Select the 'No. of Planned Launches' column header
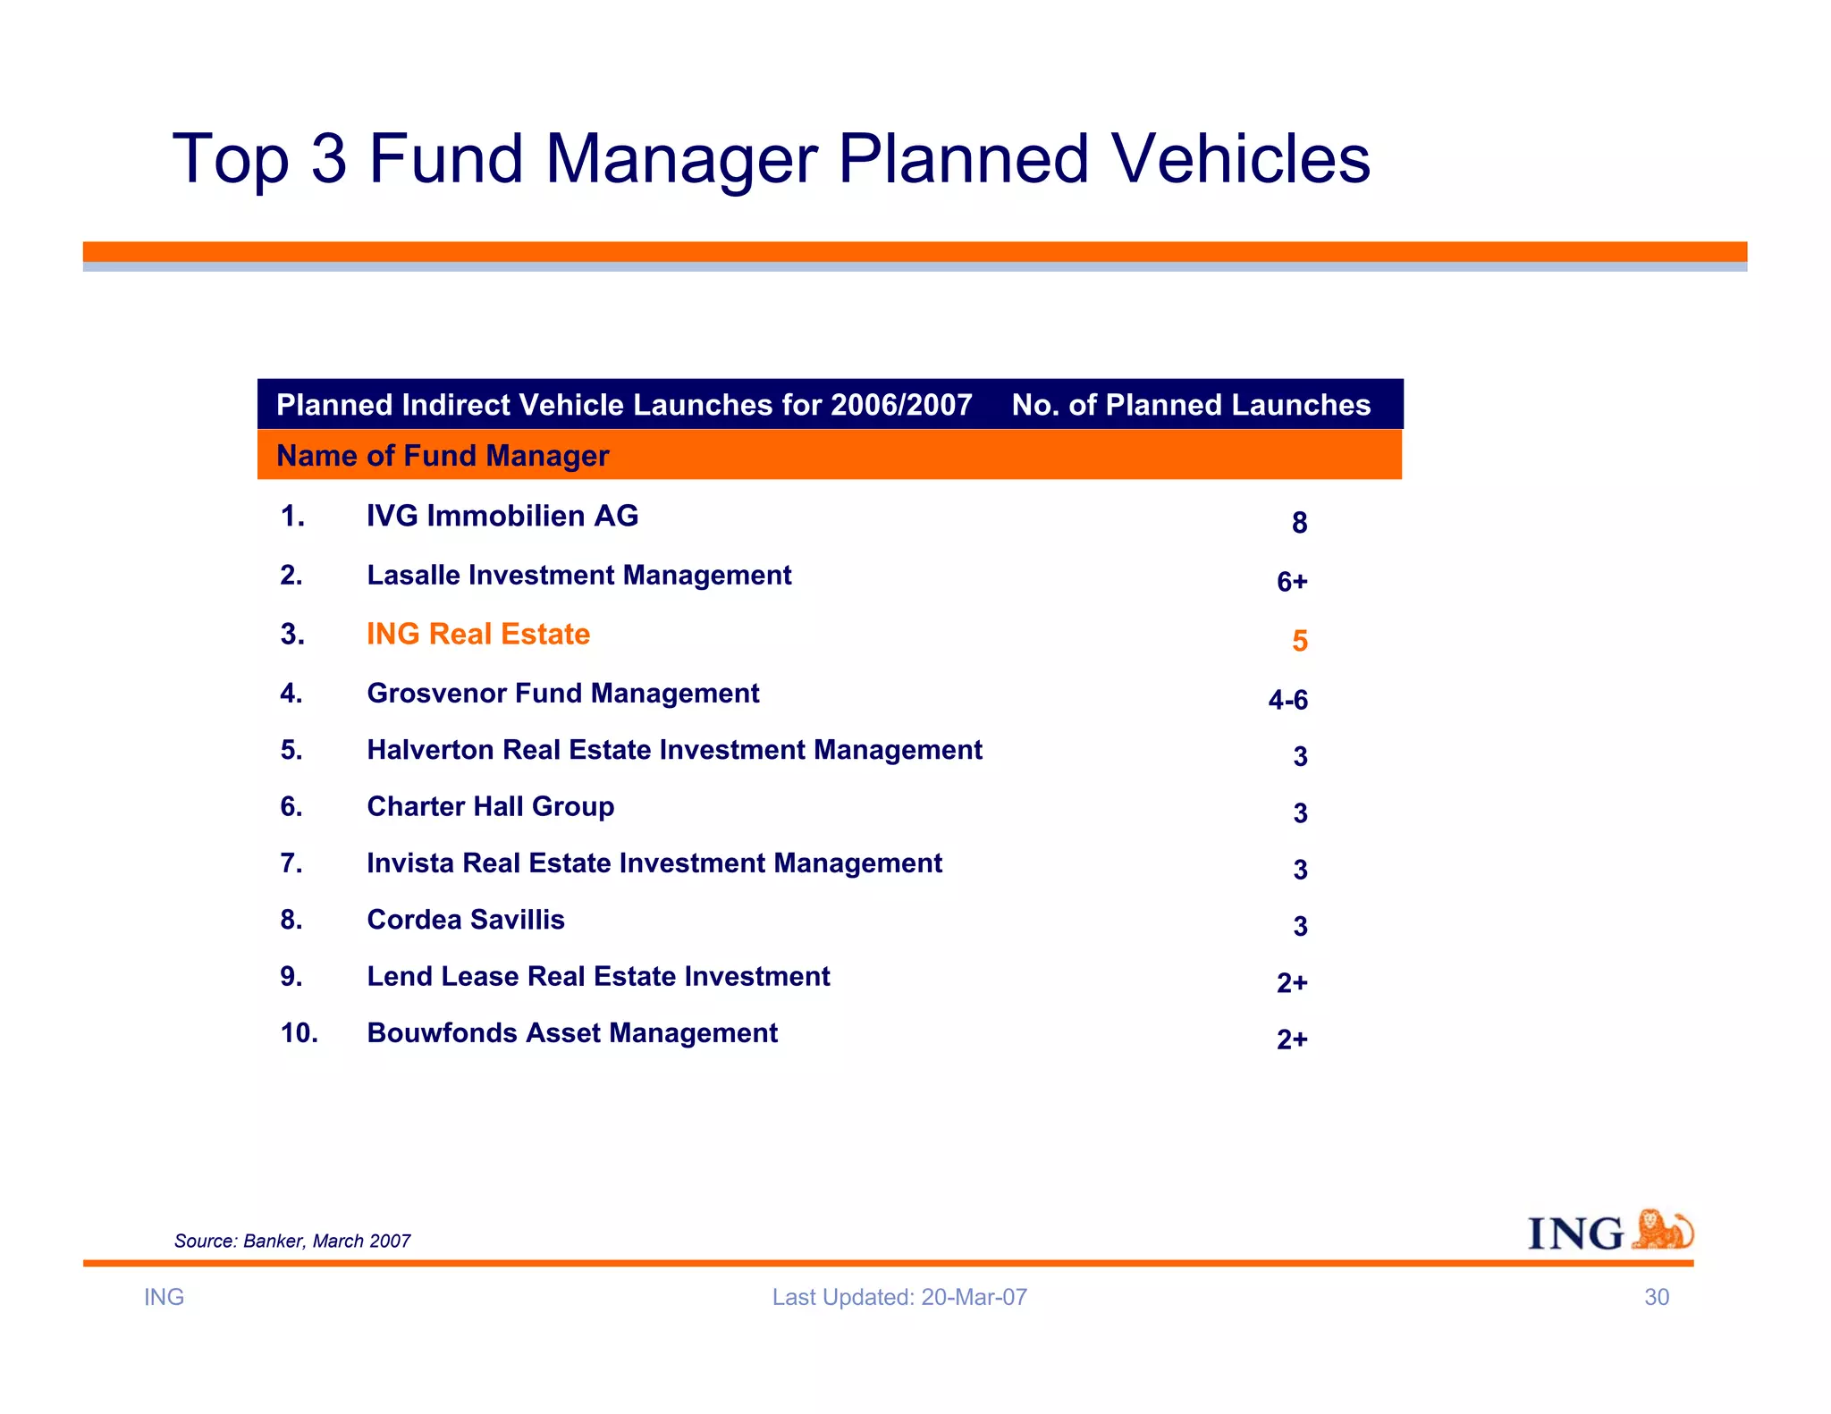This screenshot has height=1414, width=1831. pos(1190,405)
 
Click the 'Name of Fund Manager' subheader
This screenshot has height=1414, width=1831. pos(443,456)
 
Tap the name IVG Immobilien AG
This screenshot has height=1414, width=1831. pos(502,516)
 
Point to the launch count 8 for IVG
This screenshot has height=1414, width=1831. pos(1299,523)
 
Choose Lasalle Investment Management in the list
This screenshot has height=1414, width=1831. pos(578,575)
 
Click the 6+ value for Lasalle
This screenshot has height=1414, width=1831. pos(1291,582)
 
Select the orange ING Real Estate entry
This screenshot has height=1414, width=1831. pos(478,634)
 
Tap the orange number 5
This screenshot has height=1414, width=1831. pos(1299,641)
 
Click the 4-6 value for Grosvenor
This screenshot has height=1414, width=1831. pos(1287,700)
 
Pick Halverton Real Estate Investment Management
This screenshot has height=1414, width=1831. pos(674,750)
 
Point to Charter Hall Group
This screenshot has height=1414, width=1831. pos(490,806)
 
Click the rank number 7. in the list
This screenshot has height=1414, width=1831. pos(291,863)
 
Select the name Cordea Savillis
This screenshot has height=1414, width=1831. pos(465,920)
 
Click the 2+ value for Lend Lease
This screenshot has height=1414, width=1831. pos(1291,983)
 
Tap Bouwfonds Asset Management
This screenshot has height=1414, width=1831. pos(572,1033)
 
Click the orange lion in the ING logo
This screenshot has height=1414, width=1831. pos(1661,1230)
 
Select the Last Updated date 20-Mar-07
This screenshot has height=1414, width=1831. pos(974,1297)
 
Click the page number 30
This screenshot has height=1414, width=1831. pos(1656,1297)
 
